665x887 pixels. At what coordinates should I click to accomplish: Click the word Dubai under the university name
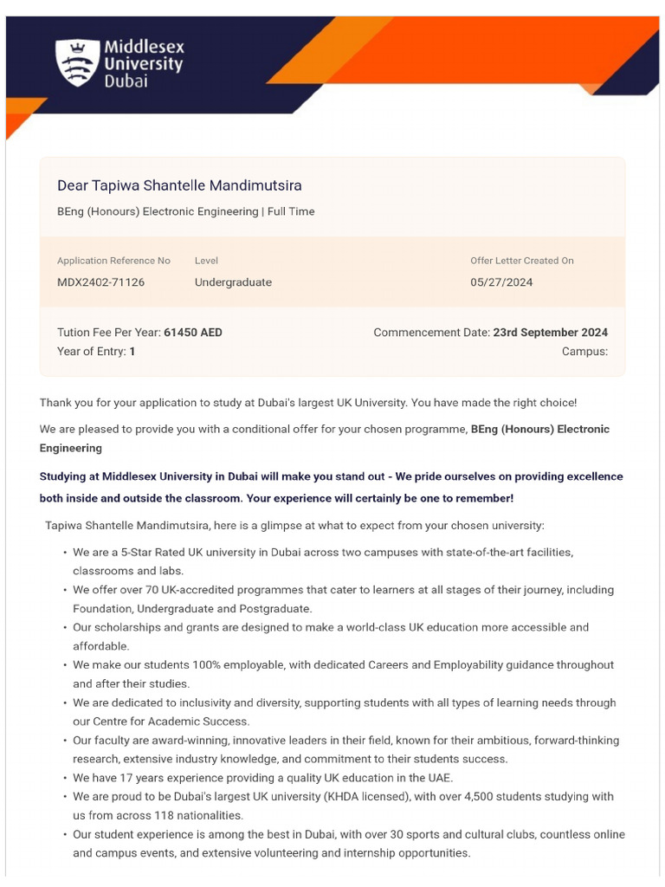(126, 81)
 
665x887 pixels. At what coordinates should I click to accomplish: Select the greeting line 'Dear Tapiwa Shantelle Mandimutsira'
(179, 185)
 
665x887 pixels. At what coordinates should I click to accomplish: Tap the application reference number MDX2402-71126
(100, 282)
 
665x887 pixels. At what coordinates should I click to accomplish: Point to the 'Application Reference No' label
(113, 261)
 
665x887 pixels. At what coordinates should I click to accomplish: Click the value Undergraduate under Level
(233, 282)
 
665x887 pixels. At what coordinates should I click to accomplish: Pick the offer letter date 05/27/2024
(501, 282)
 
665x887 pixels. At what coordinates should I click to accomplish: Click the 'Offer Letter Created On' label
(521, 261)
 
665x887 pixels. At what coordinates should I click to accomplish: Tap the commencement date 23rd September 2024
(550, 333)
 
